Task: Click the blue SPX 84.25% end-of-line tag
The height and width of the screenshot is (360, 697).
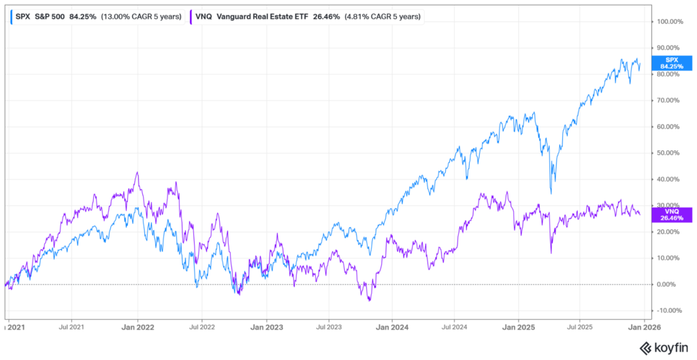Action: (666, 63)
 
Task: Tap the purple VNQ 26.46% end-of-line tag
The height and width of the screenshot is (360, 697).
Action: (666, 214)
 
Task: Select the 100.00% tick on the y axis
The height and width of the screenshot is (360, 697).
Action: (669, 22)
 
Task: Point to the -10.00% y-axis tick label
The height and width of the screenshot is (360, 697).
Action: (669, 310)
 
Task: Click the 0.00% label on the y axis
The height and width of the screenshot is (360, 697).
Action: (669, 284)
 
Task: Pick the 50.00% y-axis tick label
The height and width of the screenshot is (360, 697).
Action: (669, 153)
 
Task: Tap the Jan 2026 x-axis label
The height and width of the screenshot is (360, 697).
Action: (641, 326)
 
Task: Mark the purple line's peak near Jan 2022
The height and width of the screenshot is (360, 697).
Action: (137, 172)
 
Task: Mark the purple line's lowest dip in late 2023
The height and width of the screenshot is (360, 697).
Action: (369, 300)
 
